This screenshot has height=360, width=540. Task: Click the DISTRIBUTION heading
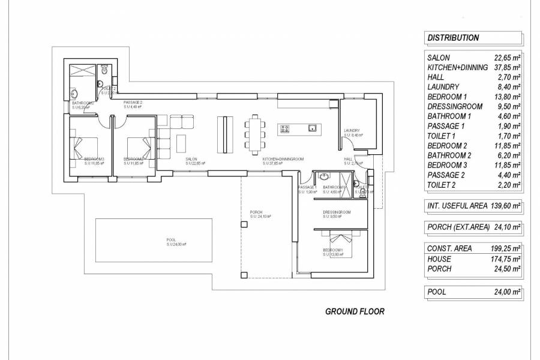pyautogui.click(x=453, y=37)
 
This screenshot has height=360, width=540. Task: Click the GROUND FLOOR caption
pyautogui.click(x=354, y=311)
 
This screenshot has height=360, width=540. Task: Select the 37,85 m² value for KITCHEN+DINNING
pyautogui.click(x=507, y=68)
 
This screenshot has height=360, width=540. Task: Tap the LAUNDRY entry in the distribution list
pyautogui.click(x=443, y=87)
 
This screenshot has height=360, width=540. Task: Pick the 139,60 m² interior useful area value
pyautogui.click(x=507, y=206)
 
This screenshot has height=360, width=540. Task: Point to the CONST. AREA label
pyautogui.click(x=449, y=248)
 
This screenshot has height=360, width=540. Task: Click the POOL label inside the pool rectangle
pyautogui.click(x=172, y=240)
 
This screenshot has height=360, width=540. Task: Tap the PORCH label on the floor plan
pyautogui.click(x=256, y=212)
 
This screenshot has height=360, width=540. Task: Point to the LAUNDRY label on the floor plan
pyautogui.click(x=352, y=131)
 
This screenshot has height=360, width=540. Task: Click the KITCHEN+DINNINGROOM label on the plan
pyautogui.click(x=283, y=159)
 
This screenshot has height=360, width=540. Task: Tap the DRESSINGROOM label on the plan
pyautogui.click(x=336, y=213)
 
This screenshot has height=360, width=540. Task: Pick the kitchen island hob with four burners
pyautogui.click(x=284, y=128)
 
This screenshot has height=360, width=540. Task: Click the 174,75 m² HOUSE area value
pyautogui.click(x=507, y=259)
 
